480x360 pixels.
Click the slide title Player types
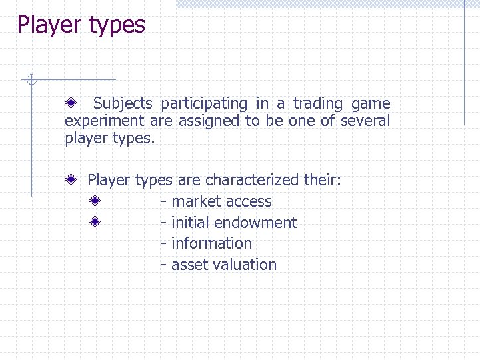pos(81,25)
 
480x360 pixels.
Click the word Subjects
pos(123,103)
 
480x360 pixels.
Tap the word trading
pos(318,103)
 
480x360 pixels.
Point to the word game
pos(371,103)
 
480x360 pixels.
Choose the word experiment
pos(104,121)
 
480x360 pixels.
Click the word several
pos(365,121)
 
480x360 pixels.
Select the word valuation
pos(244,265)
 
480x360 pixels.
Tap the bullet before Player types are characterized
pos(71,180)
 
